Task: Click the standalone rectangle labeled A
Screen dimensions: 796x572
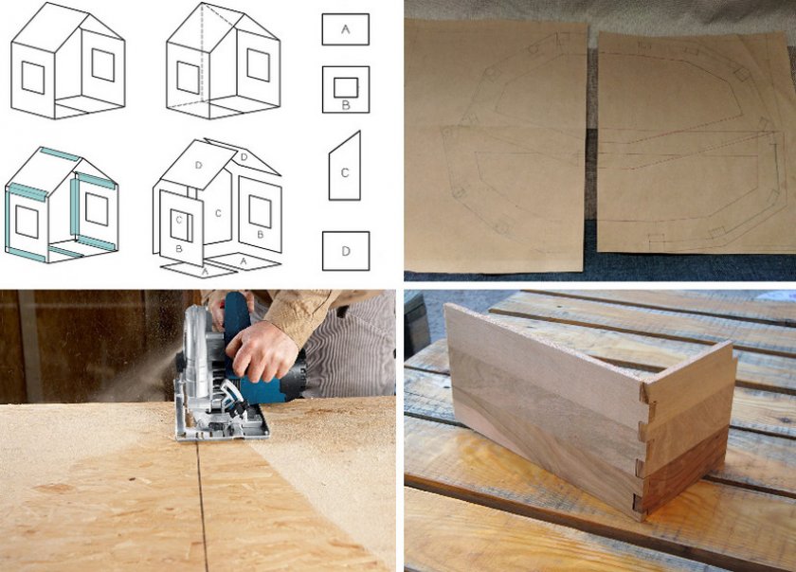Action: [x=345, y=29]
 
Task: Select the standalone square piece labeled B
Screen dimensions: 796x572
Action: [x=346, y=89]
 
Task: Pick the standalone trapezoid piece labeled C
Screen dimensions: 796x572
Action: [x=345, y=166]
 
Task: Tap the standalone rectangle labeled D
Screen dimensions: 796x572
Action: [x=346, y=251]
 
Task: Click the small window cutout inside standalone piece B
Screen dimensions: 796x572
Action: [x=346, y=88]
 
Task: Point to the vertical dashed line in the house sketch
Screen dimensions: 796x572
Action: [x=202, y=53]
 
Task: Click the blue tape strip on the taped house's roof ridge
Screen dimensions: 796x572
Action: [x=60, y=154]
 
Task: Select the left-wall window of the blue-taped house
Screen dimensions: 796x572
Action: [x=27, y=222]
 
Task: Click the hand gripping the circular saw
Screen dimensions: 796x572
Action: [x=261, y=350]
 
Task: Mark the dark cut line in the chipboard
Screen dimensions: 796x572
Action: [x=202, y=505]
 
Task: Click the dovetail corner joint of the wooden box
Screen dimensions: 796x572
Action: [x=641, y=447]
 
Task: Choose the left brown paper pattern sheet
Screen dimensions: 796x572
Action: [x=495, y=146]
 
